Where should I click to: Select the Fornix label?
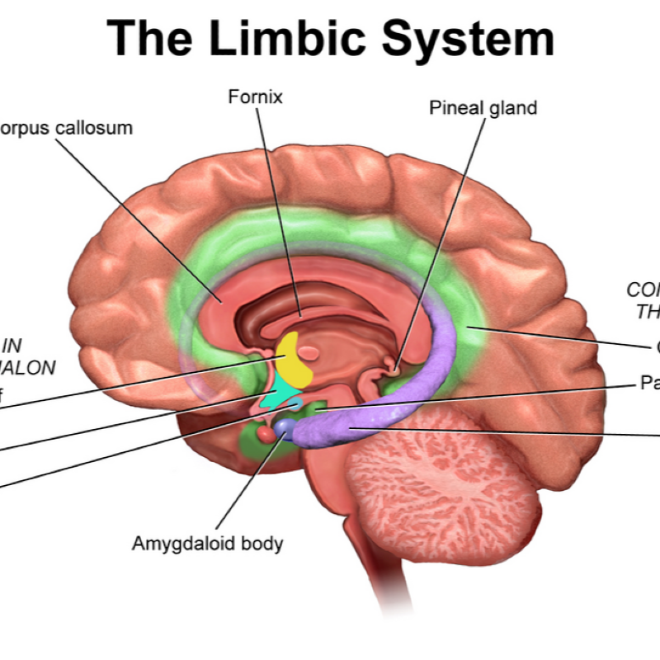click(x=255, y=97)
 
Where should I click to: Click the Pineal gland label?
click(x=483, y=107)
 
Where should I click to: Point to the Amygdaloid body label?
click(x=208, y=544)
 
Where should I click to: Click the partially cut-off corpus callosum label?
click(x=66, y=129)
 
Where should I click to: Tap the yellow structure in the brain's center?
click(x=294, y=359)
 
